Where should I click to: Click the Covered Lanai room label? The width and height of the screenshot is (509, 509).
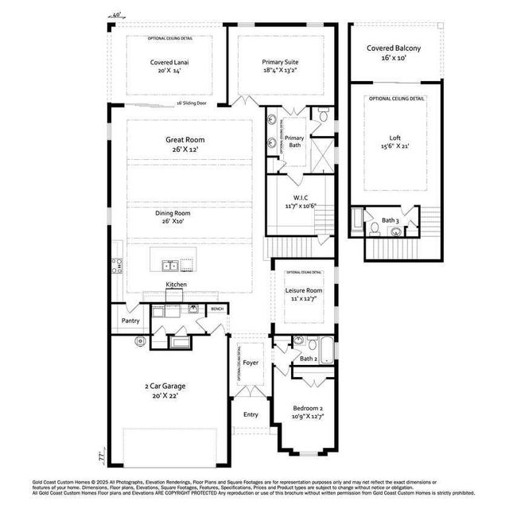point(169,61)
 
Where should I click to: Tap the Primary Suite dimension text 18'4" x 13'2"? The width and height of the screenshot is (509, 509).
point(281,70)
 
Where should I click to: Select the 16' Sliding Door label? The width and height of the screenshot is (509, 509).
point(191,103)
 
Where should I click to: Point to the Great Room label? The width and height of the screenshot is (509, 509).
point(185,139)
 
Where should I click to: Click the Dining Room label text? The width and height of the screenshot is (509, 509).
point(173,213)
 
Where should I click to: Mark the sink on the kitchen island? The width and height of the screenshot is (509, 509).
point(169,265)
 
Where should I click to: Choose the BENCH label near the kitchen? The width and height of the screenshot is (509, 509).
point(217,309)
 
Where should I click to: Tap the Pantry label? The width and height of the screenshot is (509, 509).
point(130,321)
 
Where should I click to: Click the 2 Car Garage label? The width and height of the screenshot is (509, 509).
point(165,387)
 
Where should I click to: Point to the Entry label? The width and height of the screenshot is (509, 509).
point(251,414)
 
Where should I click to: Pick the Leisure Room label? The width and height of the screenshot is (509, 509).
point(304,291)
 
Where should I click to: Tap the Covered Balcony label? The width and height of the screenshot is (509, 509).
point(394,49)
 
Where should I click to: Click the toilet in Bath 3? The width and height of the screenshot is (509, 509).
point(375,228)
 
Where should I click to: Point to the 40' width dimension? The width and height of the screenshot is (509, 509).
point(117,15)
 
